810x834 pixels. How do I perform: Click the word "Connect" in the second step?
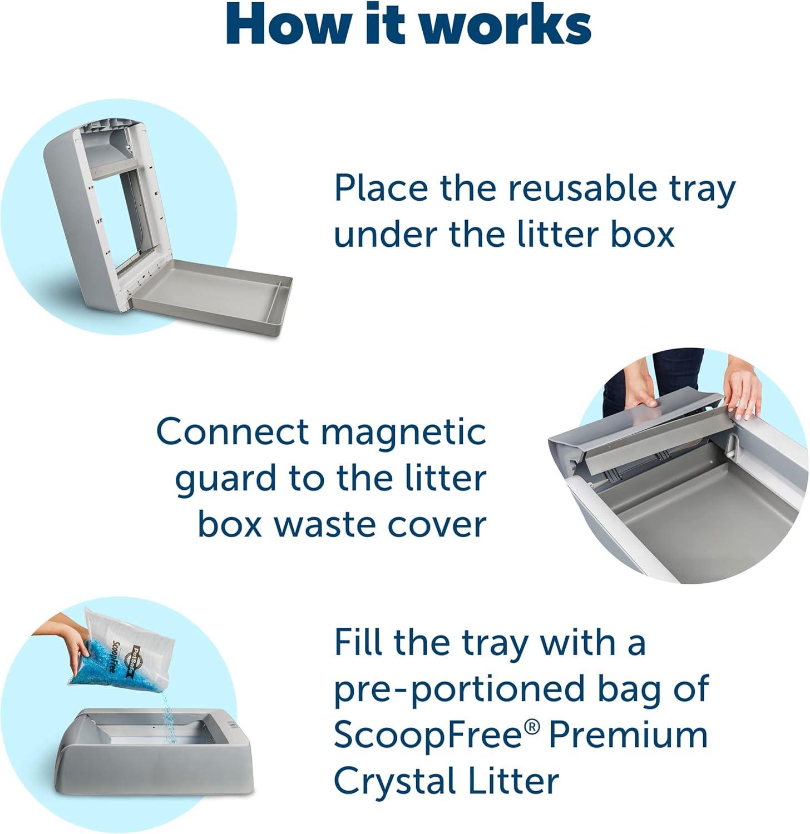233,432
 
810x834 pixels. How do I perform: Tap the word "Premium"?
628,735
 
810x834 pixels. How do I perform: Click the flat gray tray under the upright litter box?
213,293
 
